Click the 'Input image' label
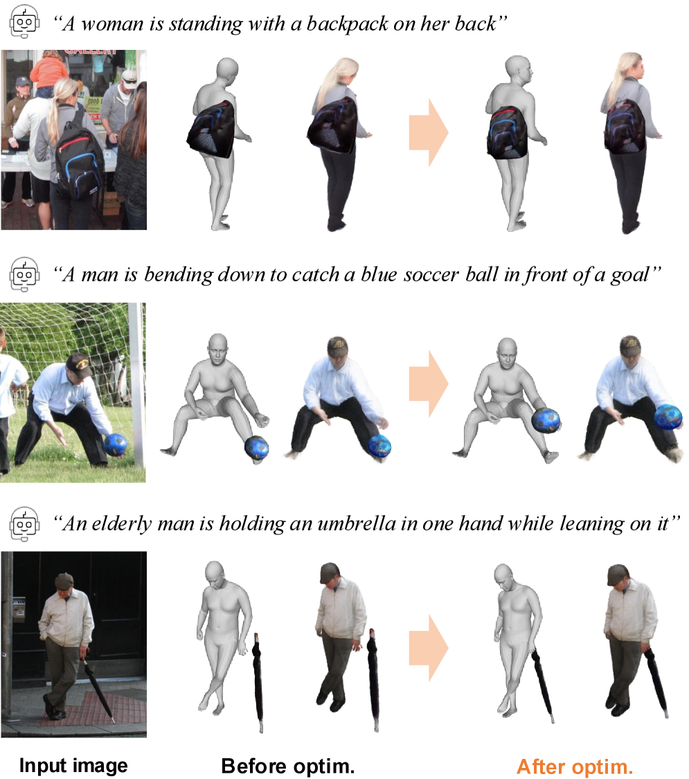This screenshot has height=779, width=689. click(x=73, y=766)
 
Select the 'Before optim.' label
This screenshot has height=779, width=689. click(x=287, y=766)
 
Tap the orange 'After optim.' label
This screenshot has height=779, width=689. click(x=575, y=767)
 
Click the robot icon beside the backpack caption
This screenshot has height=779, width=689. click(x=24, y=22)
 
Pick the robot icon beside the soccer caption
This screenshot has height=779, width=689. click(x=24, y=274)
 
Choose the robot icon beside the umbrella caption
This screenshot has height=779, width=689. click(x=24, y=523)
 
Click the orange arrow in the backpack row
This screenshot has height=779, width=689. click(x=429, y=133)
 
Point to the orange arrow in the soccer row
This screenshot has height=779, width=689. click(x=429, y=384)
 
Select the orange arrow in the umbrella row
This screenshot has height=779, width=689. click(x=429, y=648)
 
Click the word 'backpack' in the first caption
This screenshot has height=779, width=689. click(x=347, y=24)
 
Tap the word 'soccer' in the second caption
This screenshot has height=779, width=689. click(x=431, y=274)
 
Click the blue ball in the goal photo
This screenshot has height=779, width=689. click(x=115, y=444)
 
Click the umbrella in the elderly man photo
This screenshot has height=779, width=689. click(x=99, y=688)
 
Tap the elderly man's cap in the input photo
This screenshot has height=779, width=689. click(x=64, y=580)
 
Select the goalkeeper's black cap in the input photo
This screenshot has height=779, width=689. click(x=80, y=364)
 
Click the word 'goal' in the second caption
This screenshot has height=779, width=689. click(x=630, y=275)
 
